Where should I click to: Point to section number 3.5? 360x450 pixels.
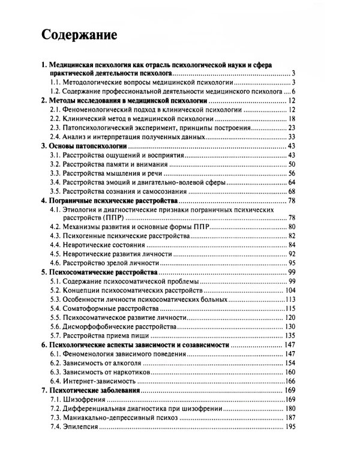tap(56, 191)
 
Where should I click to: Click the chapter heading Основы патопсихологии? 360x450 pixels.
tap(83, 146)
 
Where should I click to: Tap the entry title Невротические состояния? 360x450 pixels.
tap(107, 245)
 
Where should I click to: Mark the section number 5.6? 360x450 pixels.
tap(56, 326)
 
